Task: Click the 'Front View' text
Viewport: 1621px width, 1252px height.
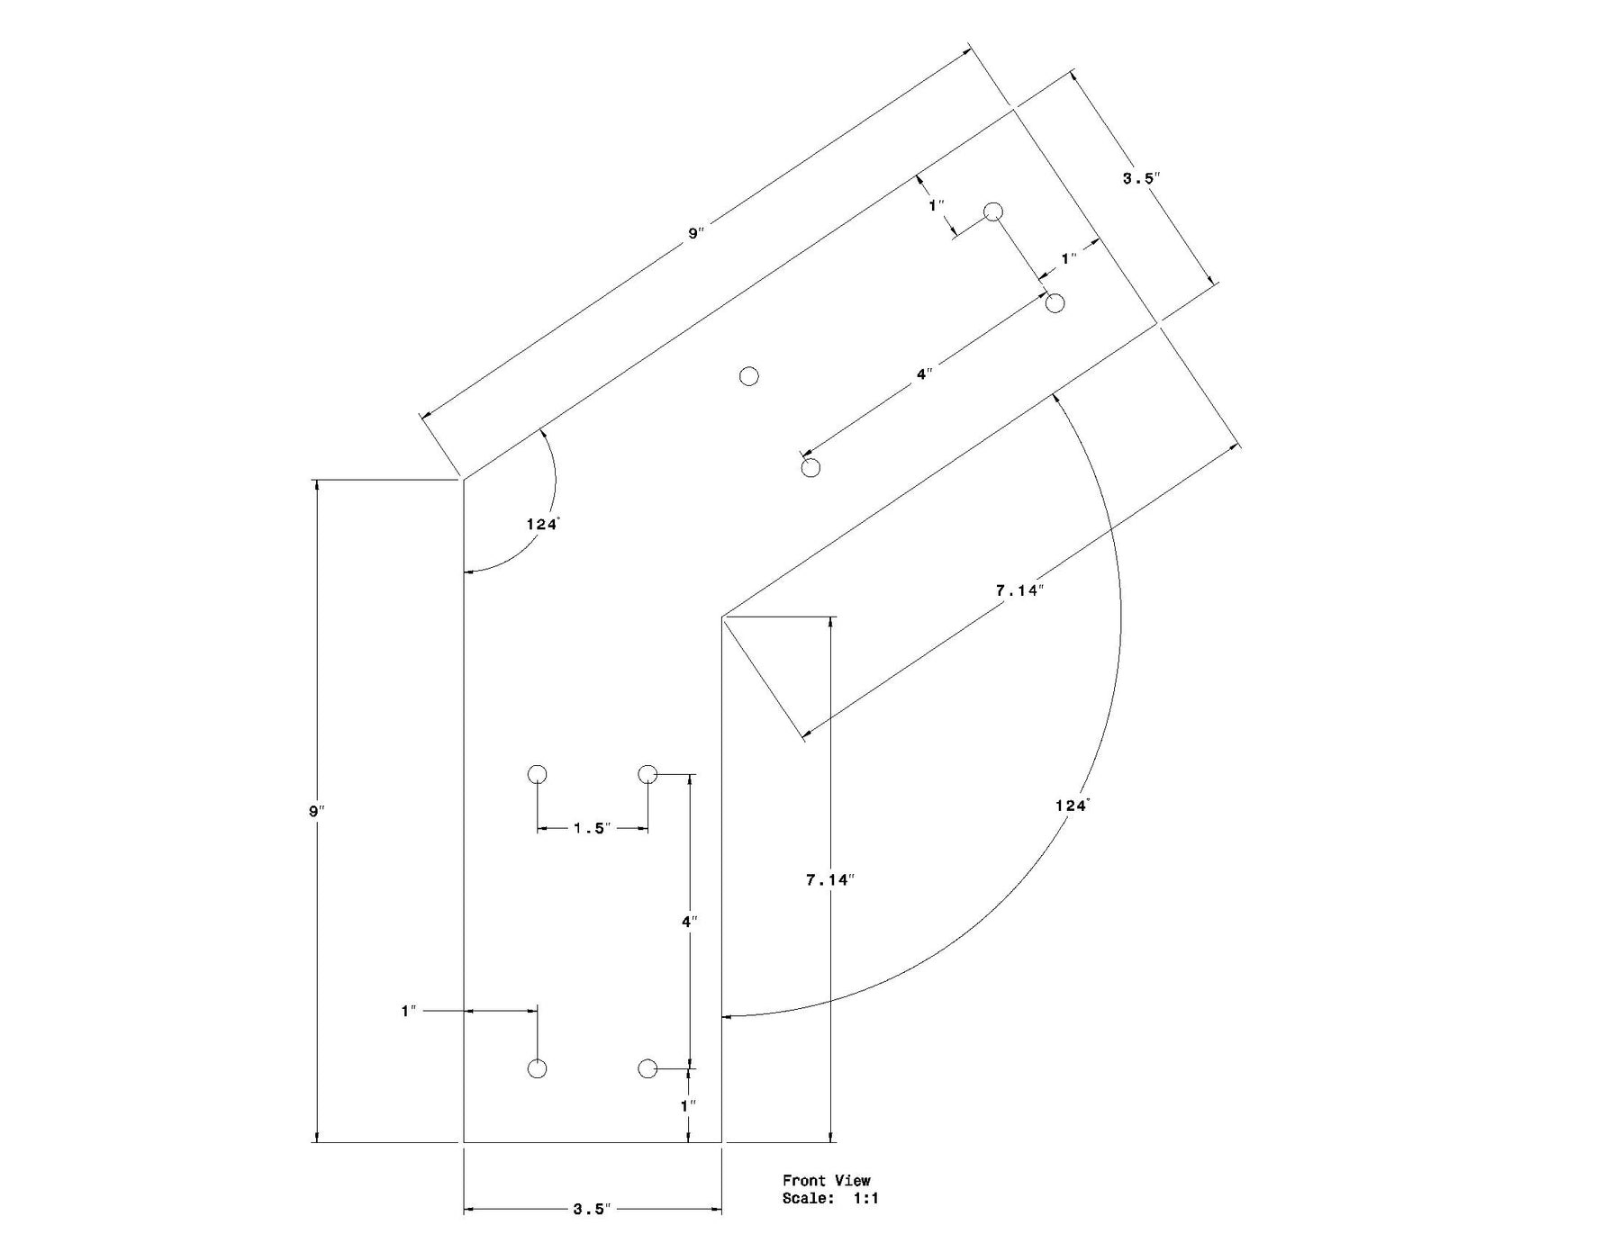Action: coord(826,1180)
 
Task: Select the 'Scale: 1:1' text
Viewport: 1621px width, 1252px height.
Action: coord(829,1198)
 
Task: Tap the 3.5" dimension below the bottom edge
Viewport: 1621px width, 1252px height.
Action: coord(592,1209)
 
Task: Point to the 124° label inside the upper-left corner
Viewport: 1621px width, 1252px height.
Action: coord(543,524)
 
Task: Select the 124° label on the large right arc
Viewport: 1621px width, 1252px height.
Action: coord(1072,806)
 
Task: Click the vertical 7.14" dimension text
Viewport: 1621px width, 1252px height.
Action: coord(829,880)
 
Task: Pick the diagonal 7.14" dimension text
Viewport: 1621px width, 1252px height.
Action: coord(1019,590)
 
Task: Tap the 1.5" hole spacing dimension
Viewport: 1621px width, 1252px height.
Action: coord(592,828)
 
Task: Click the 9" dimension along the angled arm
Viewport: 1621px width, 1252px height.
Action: coord(696,233)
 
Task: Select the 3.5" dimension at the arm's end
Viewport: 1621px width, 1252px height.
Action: coord(1140,178)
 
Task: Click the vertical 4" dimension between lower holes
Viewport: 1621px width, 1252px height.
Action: coord(689,922)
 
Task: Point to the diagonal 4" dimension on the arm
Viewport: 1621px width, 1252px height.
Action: coord(924,374)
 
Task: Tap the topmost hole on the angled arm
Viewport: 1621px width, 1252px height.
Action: coord(992,212)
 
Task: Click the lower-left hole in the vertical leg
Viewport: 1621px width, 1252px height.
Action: coord(537,1068)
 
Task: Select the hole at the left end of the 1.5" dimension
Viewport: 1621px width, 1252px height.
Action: coord(537,774)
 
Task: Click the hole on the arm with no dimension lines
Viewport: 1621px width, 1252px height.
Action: coord(748,376)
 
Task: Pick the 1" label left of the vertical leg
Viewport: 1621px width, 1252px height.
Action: coord(409,1012)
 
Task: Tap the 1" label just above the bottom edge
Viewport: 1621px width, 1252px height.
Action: coord(688,1105)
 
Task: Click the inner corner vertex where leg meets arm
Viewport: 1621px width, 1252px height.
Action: coord(722,617)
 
